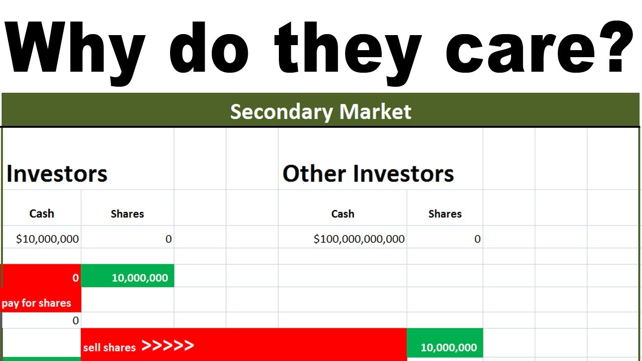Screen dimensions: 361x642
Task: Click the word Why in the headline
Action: pos(75,48)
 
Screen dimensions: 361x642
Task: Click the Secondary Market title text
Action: pos(320,111)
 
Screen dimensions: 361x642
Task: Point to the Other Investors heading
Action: pos(368,174)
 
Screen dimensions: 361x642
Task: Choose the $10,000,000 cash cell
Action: pos(48,239)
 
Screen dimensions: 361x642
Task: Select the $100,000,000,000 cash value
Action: pos(359,239)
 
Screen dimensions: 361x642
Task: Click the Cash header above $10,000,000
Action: pos(42,214)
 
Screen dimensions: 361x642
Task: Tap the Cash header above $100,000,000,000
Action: pos(343,214)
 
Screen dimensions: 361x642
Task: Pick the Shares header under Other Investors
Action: pos(445,214)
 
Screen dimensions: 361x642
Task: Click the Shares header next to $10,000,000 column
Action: pos(127,214)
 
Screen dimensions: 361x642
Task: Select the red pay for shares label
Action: pos(37,303)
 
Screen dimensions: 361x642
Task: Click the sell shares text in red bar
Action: pos(109,347)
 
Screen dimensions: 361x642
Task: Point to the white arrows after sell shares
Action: pos(168,345)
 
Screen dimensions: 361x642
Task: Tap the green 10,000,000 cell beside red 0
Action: pos(139,278)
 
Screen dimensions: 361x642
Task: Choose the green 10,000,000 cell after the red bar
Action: pos(448,347)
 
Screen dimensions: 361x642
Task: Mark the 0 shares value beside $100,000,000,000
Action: pos(477,239)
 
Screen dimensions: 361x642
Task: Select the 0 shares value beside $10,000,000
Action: pos(169,239)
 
